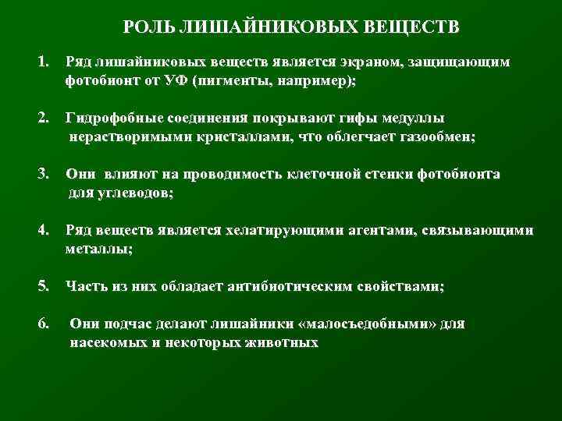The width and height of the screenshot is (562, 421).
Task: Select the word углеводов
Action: [x=133, y=193]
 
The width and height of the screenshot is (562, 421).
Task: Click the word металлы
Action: [x=98, y=249]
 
